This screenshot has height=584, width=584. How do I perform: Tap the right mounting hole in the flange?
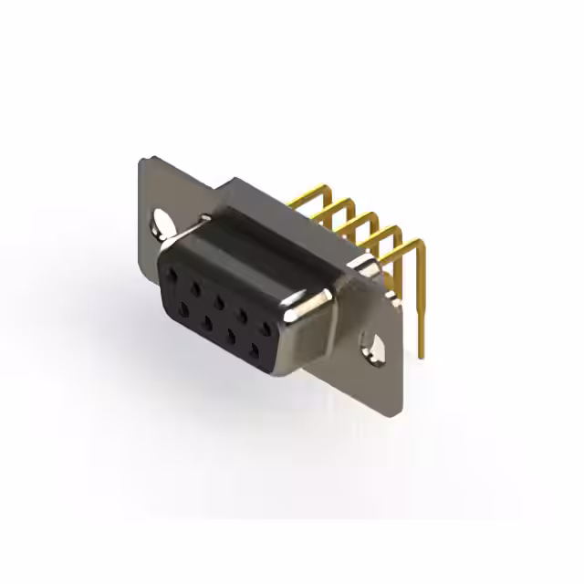373,348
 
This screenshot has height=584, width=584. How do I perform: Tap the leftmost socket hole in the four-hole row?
183,311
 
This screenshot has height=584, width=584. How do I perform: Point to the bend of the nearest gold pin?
418,244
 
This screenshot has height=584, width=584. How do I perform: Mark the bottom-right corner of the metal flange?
394,415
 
